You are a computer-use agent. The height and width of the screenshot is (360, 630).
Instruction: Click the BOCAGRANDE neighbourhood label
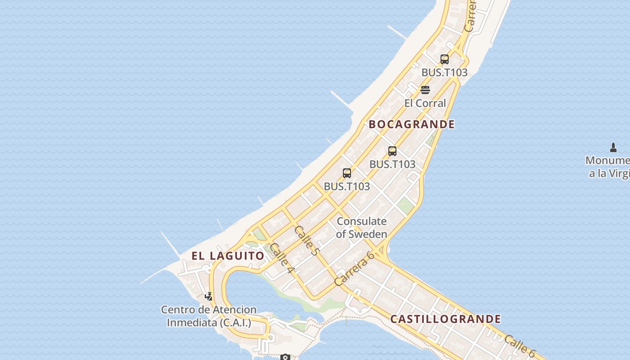pyautogui.click(x=412, y=124)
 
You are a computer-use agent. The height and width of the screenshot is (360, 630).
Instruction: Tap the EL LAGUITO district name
pyautogui.click(x=228, y=256)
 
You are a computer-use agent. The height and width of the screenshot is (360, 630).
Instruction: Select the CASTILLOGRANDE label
pyautogui.click(x=445, y=319)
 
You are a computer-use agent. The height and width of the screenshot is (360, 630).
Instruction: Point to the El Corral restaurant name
pyautogui.click(x=425, y=103)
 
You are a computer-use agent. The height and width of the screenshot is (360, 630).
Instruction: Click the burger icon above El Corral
pyautogui.click(x=425, y=90)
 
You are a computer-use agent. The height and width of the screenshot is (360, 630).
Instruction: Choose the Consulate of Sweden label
pyautogui.click(x=361, y=228)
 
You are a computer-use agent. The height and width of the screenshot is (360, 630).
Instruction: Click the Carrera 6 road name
pyautogui.click(x=355, y=269)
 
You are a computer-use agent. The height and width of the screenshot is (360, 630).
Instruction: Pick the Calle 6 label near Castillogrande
pyautogui.click(x=520, y=345)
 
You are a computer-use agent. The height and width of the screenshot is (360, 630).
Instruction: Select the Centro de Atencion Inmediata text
pyautogui.click(x=209, y=316)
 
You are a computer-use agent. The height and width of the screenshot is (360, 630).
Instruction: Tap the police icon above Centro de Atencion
pyautogui.click(x=209, y=296)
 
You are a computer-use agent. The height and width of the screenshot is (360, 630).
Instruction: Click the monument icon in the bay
pyautogui.click(x=613, y=147)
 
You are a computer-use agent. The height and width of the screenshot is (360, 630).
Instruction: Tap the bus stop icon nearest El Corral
pyautogui.click(x=445, y=59)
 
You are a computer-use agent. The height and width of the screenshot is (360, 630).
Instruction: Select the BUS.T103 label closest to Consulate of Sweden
pyautogui.click(x=347, y=186)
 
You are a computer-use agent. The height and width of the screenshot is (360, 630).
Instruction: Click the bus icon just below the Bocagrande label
pyautogui.click(x=392, y=151)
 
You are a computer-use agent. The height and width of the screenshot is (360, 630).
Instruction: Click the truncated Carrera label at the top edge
pyautogui.click(x=470, y=16)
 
